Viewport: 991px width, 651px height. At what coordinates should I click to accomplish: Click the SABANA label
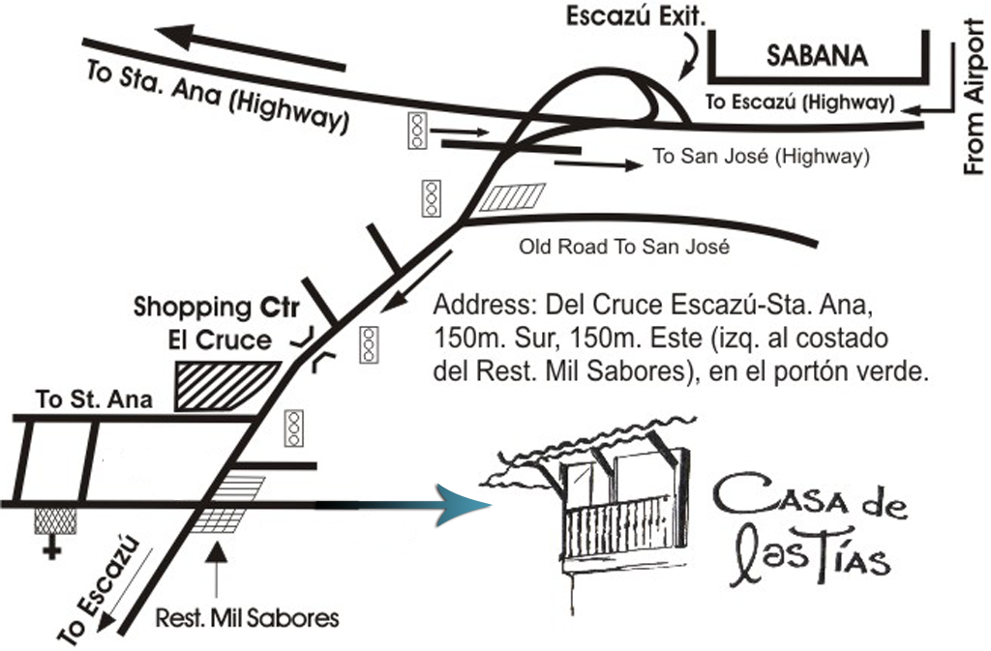817,56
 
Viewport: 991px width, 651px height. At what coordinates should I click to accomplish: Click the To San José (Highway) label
760,156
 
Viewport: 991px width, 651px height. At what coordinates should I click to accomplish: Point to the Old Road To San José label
622,247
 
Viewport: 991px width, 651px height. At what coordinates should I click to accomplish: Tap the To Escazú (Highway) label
798,102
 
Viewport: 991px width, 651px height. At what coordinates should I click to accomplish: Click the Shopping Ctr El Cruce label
218,323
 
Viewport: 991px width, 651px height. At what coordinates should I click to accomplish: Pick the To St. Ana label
94,399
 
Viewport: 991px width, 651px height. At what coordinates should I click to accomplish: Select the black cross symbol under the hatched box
48,550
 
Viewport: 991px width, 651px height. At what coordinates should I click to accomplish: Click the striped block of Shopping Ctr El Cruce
228,386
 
